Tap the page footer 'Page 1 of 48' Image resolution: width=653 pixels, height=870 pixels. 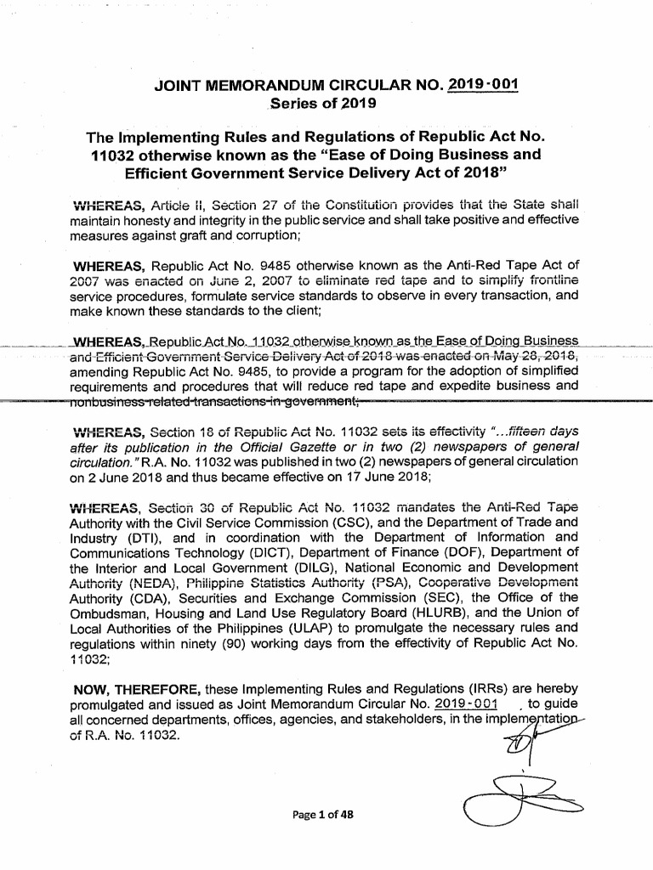click(326, 813)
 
